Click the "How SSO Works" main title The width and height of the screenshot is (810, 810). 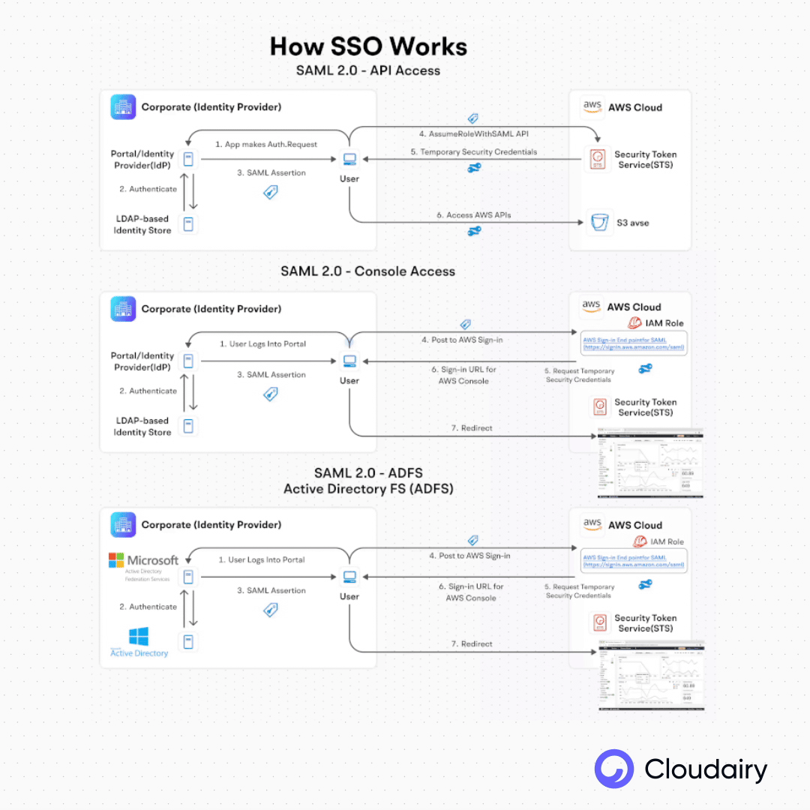click(x=368, y=46)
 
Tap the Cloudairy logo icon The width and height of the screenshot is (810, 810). click(x=614, y=769)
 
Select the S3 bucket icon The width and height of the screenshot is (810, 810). click(x=599, y=222)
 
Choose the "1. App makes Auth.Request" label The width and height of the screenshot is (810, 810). click(x=265, y=144)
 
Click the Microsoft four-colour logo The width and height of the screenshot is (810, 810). click(x=116, y=560)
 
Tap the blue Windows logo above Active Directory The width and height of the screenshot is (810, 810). click(x=139, y=637)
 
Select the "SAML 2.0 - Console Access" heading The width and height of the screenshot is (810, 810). click(x=367, y=271)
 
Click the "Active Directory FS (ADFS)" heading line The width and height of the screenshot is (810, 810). click(x=368, y=489)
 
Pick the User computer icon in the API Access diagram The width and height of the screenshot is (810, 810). click(x=349, y=159)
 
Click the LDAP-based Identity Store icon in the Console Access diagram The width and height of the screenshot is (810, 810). click(x=188, y=426)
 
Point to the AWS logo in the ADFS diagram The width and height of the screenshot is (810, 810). click(x=592, y=524)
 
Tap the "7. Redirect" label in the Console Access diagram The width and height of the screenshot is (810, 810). click(x=472, y=428)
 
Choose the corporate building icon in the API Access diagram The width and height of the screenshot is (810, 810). click(x=123, y=107)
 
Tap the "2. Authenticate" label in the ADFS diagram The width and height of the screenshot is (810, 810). click(x=148, y=607)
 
